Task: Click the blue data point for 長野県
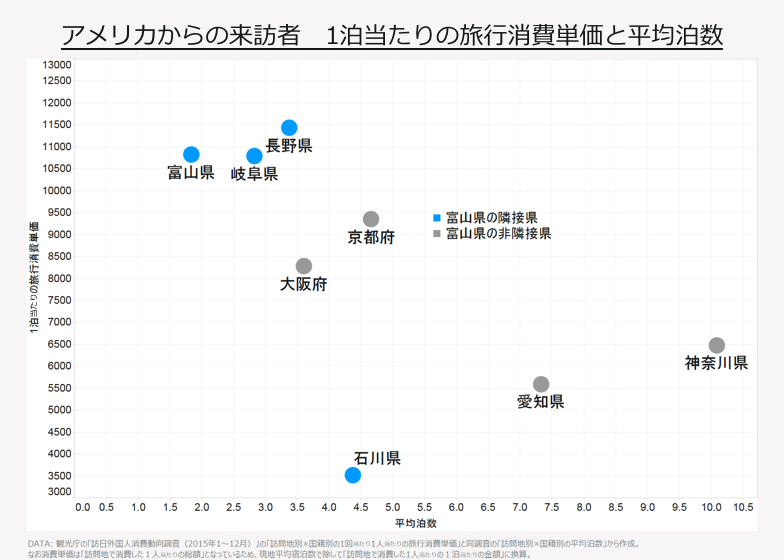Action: click(x=289, y=127)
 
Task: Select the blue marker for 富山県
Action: click(x=191, y=154)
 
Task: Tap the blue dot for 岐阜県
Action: click(x=254, y=156)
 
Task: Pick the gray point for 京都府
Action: click(x=371, y=219)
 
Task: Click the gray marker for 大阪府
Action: click(x=304, y=266)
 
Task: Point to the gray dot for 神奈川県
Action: click(x=717, y=345)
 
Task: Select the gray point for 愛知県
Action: click(x=541, y=384)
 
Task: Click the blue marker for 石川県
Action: click(x=352, y=475)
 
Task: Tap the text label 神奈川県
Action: click(x=716, y=363)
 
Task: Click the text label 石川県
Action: click(x=377, y=458)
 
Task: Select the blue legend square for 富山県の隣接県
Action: click(x=436, y=217)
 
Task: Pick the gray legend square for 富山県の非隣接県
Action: click(x=436, y=233)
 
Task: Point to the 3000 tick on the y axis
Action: click(x=58, y=492)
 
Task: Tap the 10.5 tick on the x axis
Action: click(x=743, y=508)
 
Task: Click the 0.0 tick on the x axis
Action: click(x=83, y=508)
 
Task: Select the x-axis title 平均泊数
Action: click(x=415, y=523)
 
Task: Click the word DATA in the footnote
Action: click(x=40, y=543)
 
